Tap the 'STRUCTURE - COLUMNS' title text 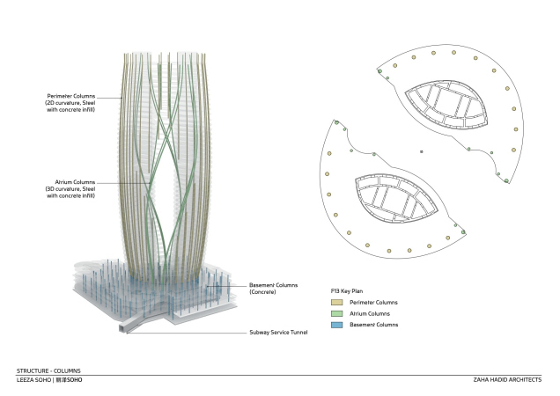pyautogui.click(x=48, y=371)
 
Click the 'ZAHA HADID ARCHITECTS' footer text pyautogui.click(x=510, y=380)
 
